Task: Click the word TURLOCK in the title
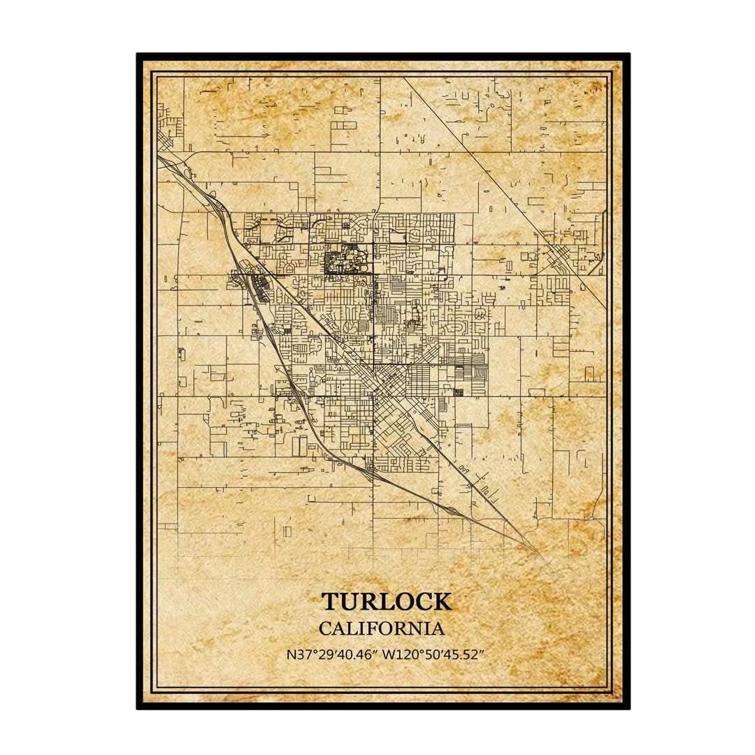tap(386, 602)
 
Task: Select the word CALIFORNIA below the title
tap(381, 628)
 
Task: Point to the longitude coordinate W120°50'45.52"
tap(433, 655)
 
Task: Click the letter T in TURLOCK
tap(329, 602)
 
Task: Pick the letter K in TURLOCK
tap(442, 602)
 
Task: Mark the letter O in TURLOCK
tap(402, 602)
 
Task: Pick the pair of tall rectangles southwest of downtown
tap(299, 445)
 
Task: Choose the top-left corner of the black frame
tap(138, 55)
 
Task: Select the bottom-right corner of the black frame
tap(628, 707)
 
